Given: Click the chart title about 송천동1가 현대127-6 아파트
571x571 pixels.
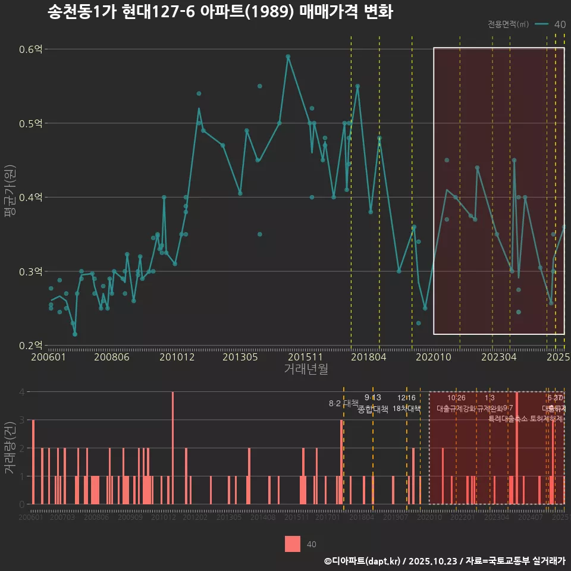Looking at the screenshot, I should pos(220,12).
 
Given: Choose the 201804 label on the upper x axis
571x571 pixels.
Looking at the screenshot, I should pos(369,357).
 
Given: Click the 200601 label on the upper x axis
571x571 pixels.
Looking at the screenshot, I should pos(48,357).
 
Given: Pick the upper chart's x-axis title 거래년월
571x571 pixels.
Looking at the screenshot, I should pos(306,369).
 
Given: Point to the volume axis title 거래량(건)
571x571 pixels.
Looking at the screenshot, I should pos(10,447).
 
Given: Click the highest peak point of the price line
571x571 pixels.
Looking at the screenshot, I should pos(288,57).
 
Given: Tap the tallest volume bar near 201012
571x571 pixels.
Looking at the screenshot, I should pos(172,448).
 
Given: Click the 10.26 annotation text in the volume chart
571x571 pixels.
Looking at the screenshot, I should pos(456,397).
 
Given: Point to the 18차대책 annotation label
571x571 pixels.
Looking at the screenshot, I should pos(406,409).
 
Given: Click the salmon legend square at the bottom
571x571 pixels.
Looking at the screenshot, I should pos(293,544).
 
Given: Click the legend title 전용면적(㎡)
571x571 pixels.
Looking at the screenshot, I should pos(508,24).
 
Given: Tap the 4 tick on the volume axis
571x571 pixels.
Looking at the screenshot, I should pos(21,392).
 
